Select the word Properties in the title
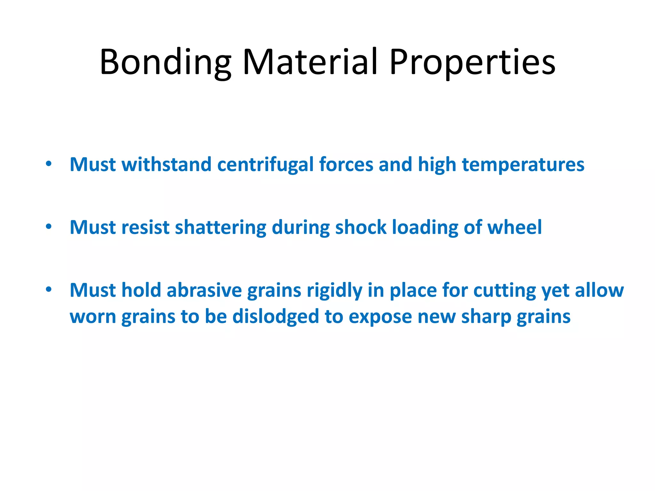click(x=472, y=62)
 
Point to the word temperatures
click(x=523, y=165)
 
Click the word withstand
click(x=166, y=165)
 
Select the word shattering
click(x=221, y=227)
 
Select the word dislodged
click(x=276, y=316)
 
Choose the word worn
click(x=93, y=316)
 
